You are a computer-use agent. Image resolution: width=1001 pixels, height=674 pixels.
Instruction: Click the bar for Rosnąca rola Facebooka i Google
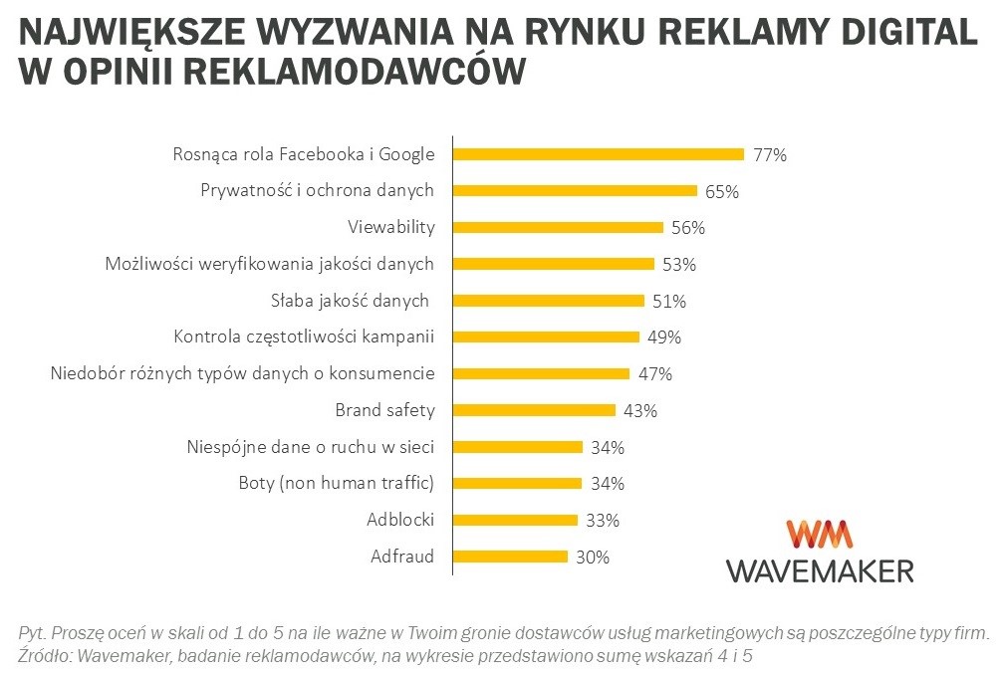[599, 154]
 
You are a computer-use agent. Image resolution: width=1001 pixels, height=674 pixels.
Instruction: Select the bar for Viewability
[559, 227]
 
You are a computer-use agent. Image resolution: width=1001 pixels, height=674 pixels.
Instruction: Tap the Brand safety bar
[534, 409]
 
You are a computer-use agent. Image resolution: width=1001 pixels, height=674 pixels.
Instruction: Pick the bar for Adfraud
[510, 557]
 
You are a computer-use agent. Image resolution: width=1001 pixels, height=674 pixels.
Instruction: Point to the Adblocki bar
[515, 520]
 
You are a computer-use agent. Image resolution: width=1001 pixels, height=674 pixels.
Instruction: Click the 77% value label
[770, 155]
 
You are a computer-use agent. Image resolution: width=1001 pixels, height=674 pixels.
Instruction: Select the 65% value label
[722, 191]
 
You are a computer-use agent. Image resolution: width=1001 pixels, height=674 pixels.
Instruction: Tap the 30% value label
[592, 558]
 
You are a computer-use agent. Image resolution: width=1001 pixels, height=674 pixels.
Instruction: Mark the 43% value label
[639, 410]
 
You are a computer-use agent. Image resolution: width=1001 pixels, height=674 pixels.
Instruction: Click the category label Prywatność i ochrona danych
[317, 190]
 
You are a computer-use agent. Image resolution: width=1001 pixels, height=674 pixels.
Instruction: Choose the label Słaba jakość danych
[349, 301]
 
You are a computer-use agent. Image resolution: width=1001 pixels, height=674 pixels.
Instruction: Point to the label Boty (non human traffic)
[337, 483]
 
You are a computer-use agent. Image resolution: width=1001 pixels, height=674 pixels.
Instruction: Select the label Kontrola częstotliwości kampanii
[304, 337]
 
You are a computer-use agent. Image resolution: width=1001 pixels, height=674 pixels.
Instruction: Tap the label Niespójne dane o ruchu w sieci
[311, 446]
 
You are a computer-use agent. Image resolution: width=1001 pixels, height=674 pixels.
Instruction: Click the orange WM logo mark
[819, 535]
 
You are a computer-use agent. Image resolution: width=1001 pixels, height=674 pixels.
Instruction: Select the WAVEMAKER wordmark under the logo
[819, 570]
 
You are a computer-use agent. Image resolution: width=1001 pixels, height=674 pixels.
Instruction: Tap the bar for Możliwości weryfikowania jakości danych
[554, 264]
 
